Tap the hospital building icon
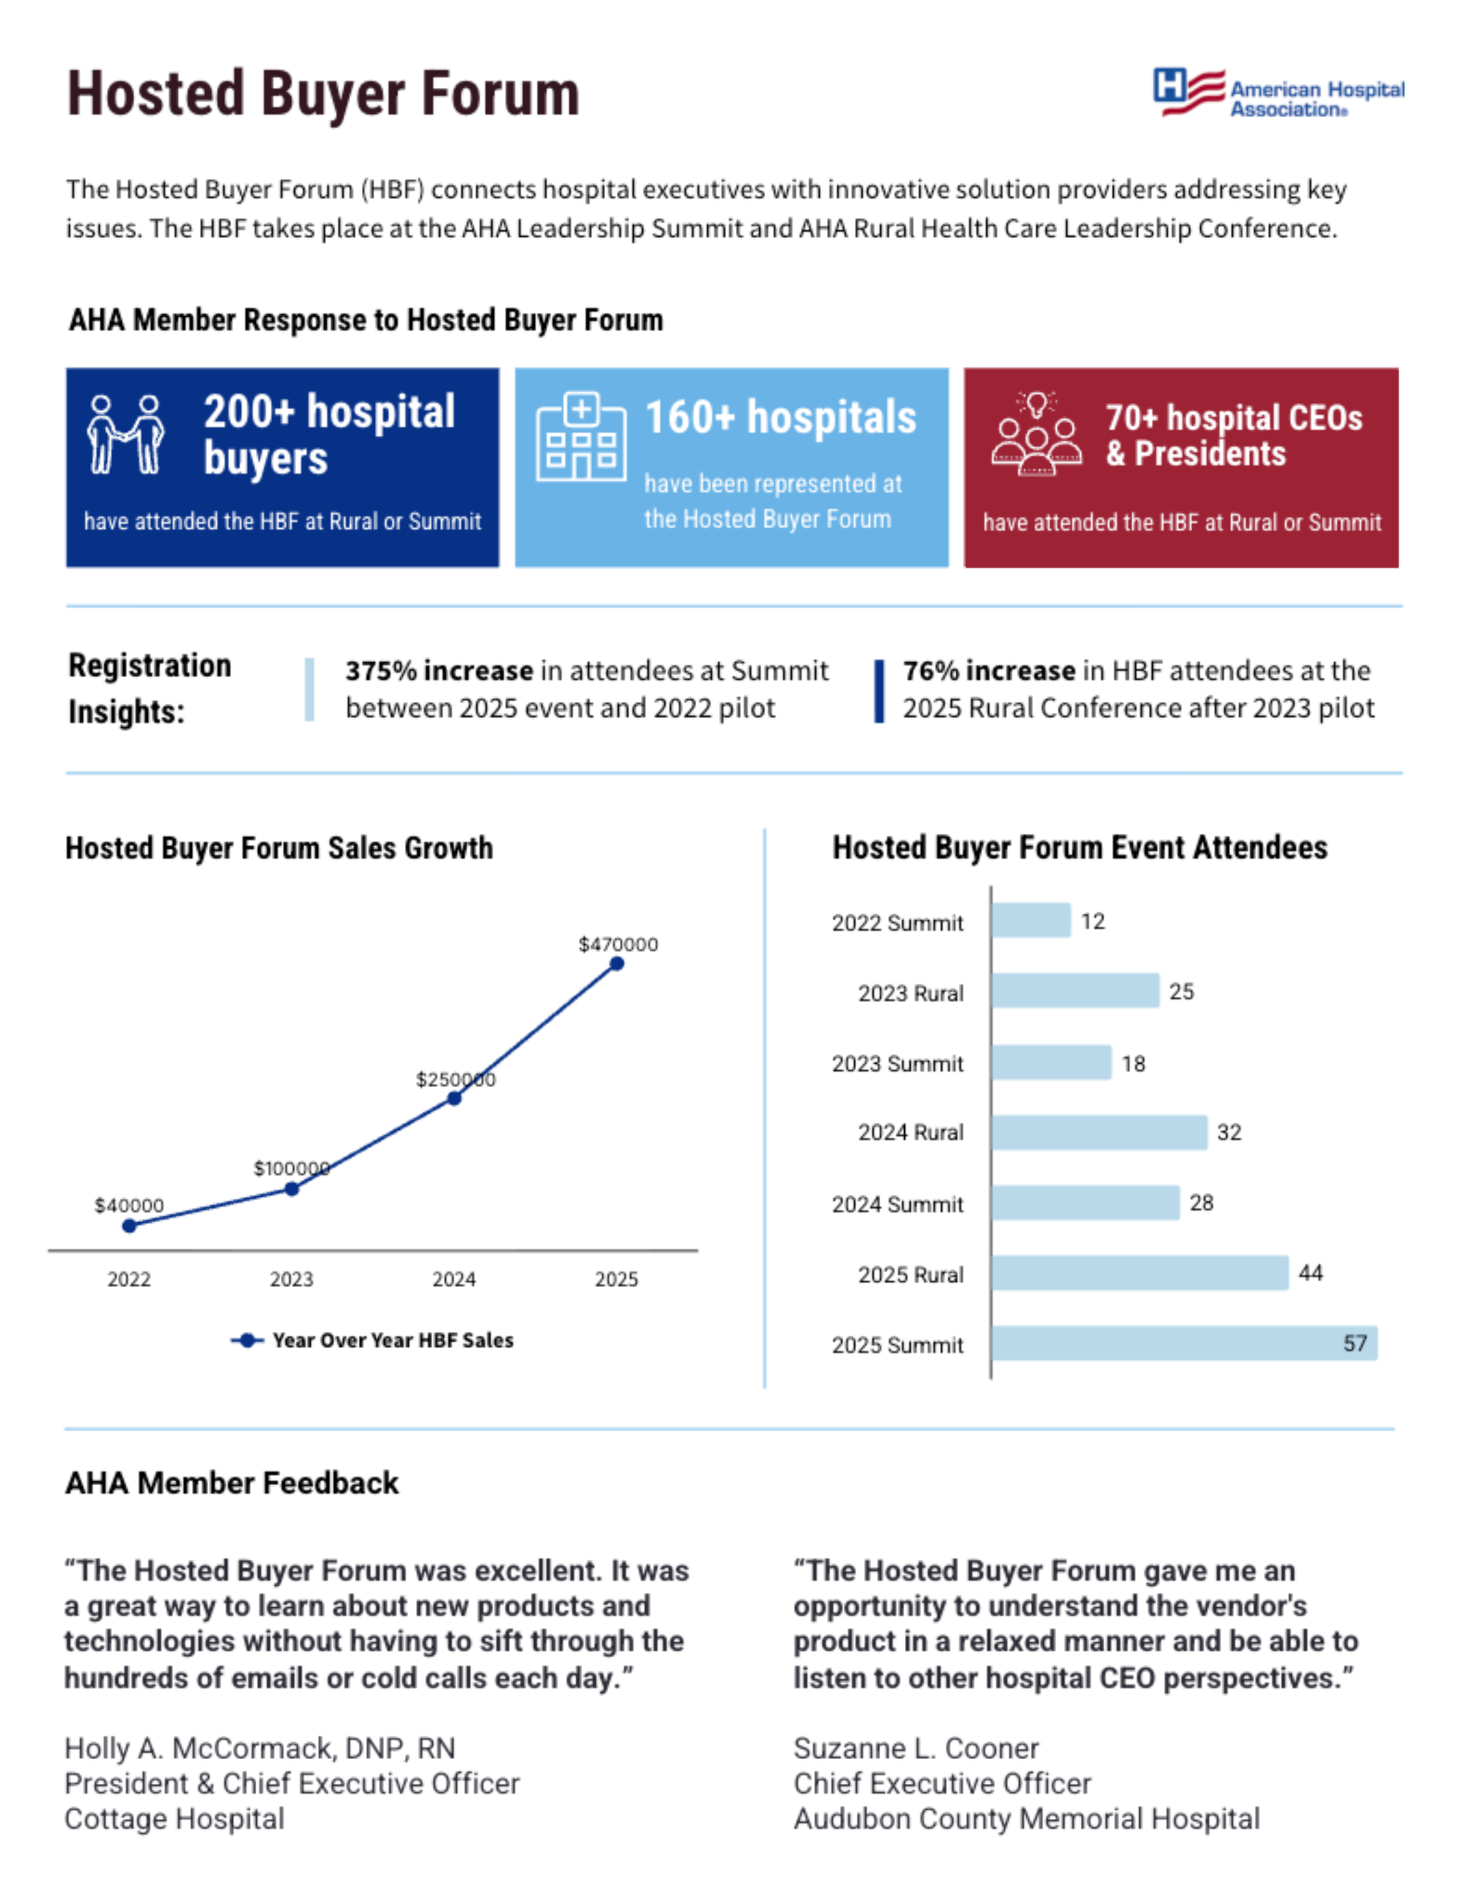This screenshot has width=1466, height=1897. coord(581,436)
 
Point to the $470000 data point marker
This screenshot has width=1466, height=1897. coord(617,963)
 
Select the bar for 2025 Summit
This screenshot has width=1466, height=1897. coord(1184,1343)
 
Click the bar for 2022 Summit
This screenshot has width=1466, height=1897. coord(1031,921)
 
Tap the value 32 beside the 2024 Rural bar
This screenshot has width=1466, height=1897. coord(1229,1132)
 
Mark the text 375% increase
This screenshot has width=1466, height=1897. coord(439,671)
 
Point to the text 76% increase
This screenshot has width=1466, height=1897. coord(988,671)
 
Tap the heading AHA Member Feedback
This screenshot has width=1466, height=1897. coord(232,1482)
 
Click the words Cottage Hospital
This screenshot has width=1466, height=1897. coord(175,1819)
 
